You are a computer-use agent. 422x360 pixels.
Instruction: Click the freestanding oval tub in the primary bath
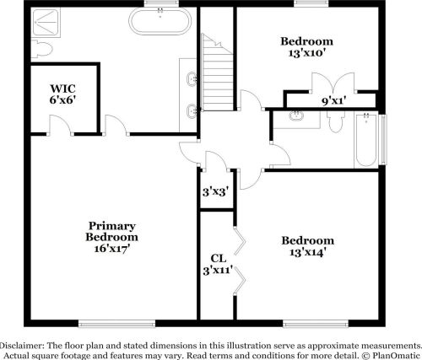(x=160, y=20)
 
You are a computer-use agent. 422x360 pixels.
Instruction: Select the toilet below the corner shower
(x=40, y=50)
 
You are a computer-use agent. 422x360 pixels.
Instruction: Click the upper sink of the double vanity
(x=194, y=79)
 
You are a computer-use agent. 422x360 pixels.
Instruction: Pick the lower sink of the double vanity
(x=194, y=108)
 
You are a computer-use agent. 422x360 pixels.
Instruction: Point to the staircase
(x=215, y=63)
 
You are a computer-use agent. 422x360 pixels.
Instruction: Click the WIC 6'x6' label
(x=62, y=94)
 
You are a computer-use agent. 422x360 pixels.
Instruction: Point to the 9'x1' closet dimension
(x=334, y=100)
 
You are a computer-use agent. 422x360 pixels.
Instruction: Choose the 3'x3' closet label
(x=214, y=191)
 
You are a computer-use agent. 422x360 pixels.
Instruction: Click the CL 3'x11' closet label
(x=217, y=265)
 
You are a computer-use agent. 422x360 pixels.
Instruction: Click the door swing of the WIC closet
(x=60, y=126)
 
